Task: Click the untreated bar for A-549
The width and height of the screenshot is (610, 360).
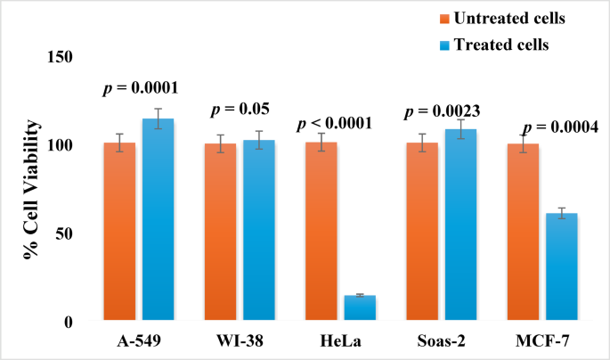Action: coord(119,231)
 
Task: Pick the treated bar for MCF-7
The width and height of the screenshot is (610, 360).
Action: coord(562,266)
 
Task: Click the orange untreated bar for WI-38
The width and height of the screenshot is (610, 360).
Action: coord(220,231)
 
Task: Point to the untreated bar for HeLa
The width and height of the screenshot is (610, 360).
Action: coord(321,231)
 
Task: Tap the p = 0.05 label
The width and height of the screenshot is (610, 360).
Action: coord(240,110)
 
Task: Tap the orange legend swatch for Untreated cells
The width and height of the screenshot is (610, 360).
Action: coord(443,18)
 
